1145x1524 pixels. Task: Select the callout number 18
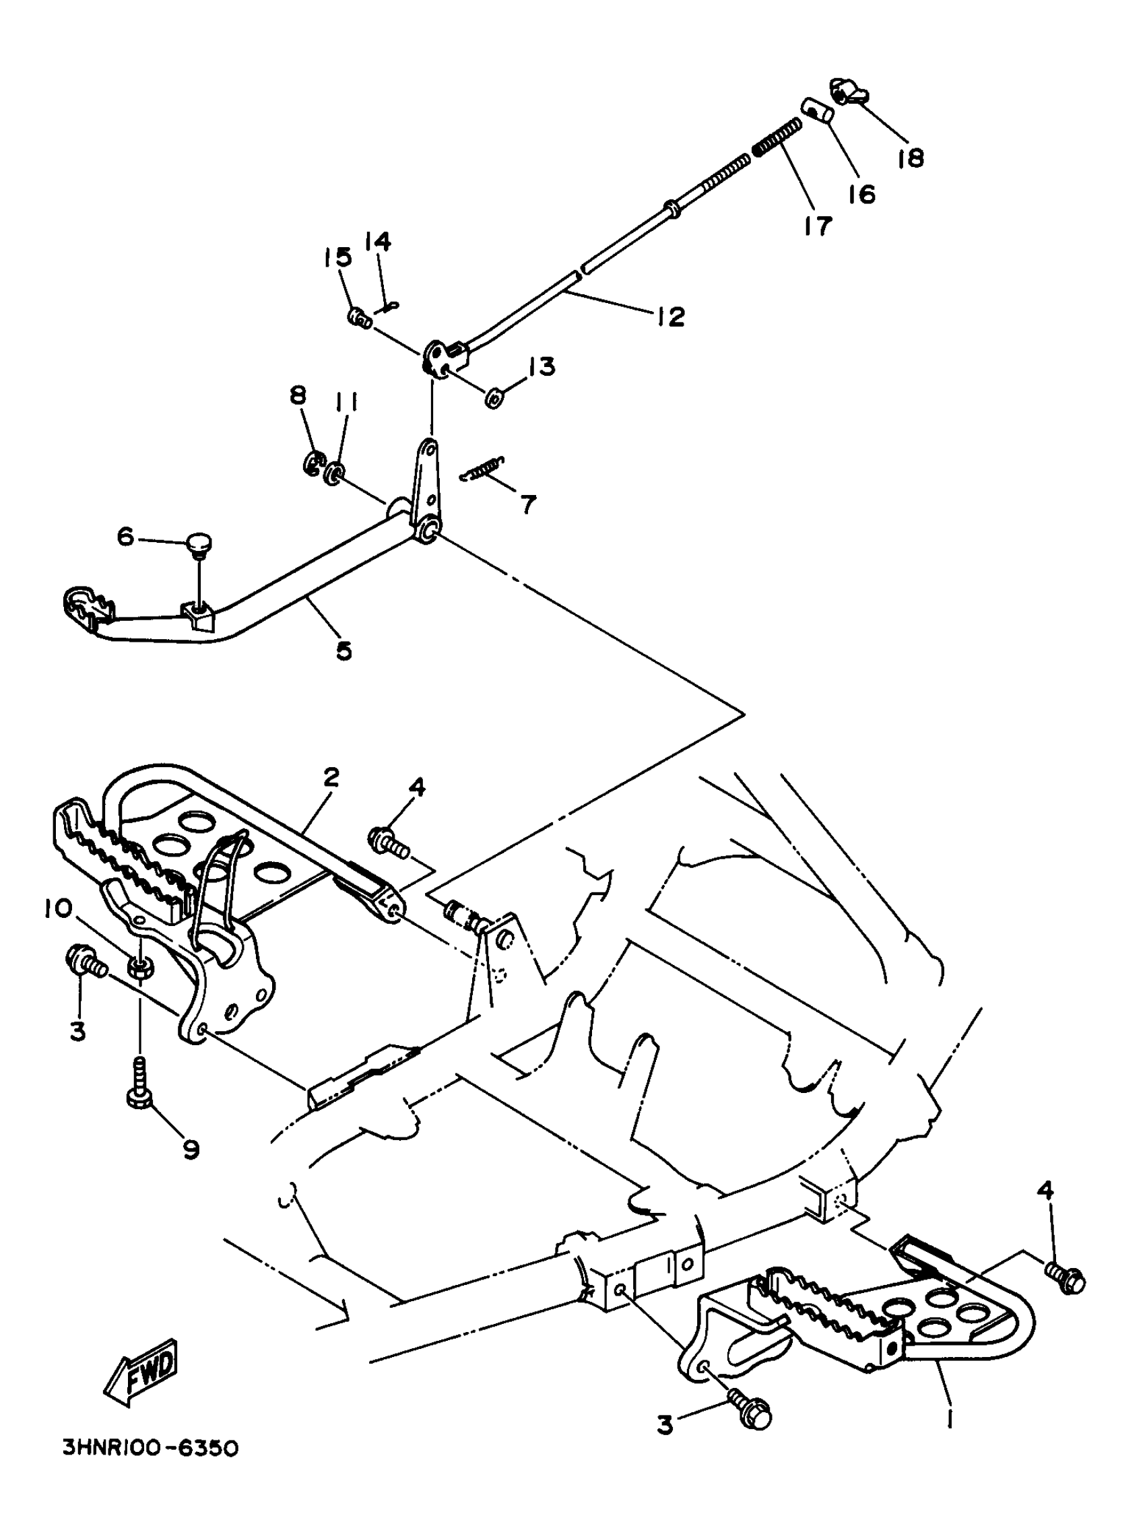pyautogui.click(x=910, y=158)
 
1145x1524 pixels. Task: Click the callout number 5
pyautogui.click(x=343, y=650)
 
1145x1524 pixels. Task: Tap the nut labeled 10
pyautogui.click(x=142, y=967)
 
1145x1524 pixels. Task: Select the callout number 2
pyautogui.click(x=331, y=778)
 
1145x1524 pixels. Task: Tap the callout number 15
pyautogui.click(x=337, y=258)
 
